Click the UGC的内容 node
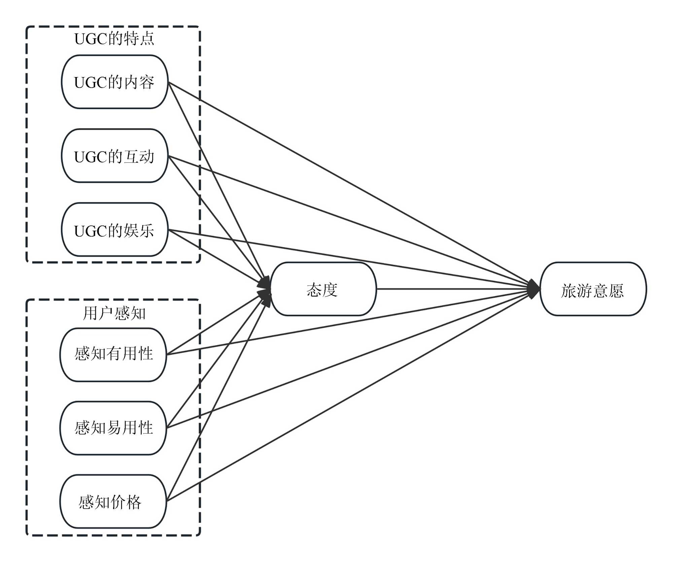coord(114,82)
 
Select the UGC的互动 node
coord(114,156)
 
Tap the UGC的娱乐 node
coord(114,230)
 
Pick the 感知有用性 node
coord(113,354)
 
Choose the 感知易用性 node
coord(113,428)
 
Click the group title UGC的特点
coord(114,39)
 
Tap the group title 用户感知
coord(114,313)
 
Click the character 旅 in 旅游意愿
coord(569,290)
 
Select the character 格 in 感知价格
coord(134,502)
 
